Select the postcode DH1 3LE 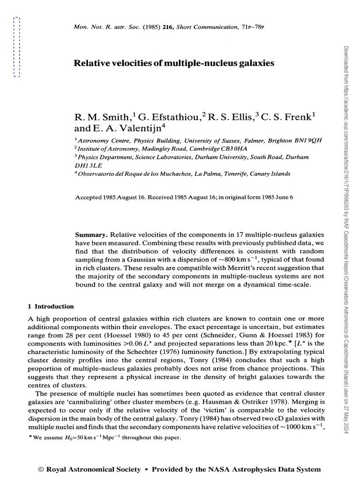(x=86, y=165)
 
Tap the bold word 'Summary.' (x=91, y=234)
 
